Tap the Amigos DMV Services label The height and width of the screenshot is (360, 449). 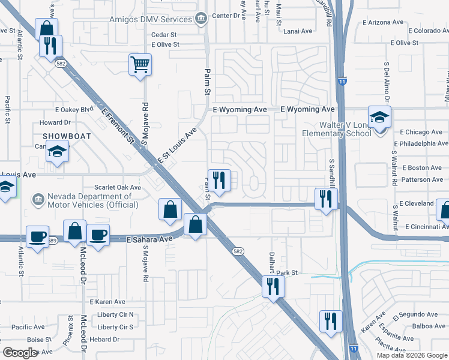[x=151, y=19]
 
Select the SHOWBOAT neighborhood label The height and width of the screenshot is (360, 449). [x=67, y=136]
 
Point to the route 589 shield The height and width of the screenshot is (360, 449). [x=53, y=241]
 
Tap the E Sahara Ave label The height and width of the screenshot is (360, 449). [x=149, y=239]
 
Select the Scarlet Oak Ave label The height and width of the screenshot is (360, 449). [x=117, y=187]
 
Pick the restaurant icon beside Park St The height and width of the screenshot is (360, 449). [x=270, y=286]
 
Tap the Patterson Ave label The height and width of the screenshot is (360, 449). [x=422, y=179]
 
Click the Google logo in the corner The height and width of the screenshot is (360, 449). [x=20, y=353]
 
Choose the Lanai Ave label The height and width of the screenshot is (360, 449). [x=298, y=31]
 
